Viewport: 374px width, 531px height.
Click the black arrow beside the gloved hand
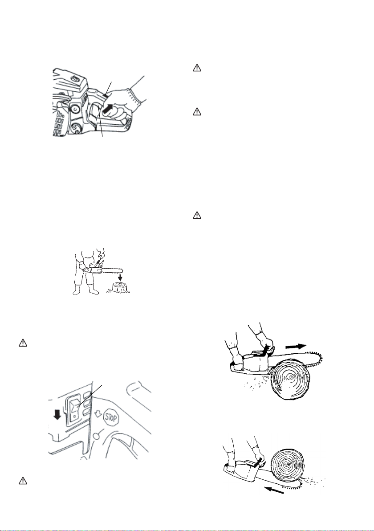(x=108, y=110)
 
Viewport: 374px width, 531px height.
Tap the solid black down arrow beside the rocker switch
(x=58, y=413)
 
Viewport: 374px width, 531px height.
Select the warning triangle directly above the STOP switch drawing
(x=23, y=343)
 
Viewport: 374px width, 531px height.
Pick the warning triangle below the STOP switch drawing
(x=23, y=481)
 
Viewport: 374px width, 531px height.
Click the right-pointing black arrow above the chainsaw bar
(x=296, y=347)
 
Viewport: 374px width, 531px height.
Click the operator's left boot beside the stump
(x=93, y=290)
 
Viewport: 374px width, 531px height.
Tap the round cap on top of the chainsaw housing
(x=74, y=79)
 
